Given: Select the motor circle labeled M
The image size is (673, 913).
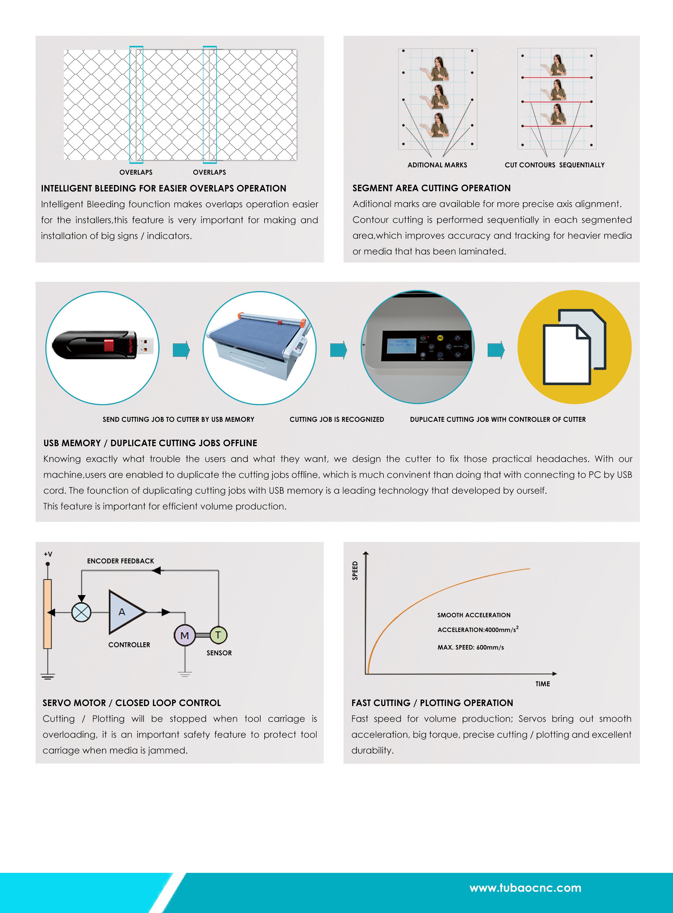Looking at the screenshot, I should (185, 635).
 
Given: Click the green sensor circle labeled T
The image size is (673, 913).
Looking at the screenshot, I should (218, 635).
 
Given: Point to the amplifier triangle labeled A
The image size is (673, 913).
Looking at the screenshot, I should (124, 612).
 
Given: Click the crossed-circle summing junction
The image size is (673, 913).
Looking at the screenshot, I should (81, 612).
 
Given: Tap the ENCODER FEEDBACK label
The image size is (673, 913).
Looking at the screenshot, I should (120, 561).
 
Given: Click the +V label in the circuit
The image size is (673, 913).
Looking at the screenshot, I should (48, 554).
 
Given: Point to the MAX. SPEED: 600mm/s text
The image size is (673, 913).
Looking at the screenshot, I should (471, 647).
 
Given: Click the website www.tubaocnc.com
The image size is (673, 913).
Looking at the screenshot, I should (525, 888).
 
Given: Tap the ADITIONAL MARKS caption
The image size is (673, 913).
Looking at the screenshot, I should (437, 165).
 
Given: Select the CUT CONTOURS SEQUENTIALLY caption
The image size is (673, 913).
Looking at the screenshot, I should (554, 165).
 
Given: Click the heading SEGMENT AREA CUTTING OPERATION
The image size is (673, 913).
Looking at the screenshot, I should (431, 188).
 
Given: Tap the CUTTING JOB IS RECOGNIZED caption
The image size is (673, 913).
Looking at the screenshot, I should (336, 419).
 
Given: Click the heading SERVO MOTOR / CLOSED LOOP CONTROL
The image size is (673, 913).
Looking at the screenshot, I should (132, 703).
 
